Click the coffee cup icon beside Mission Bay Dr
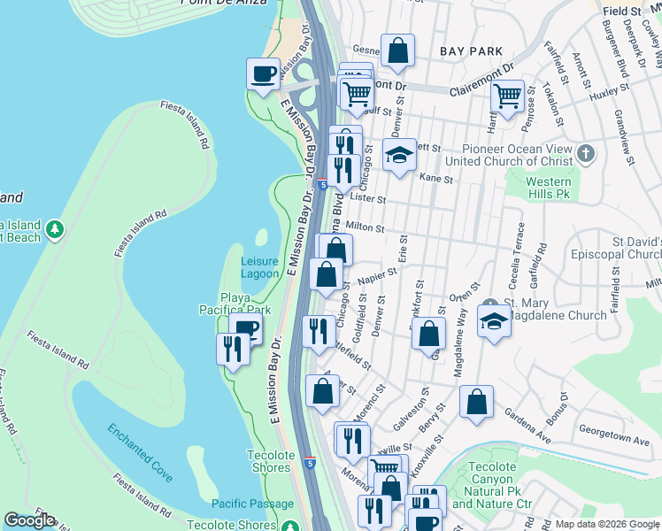263,73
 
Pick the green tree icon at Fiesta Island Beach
55,230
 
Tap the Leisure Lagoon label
259,267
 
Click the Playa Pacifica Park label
245,304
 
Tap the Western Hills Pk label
549,188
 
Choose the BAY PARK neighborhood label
471,52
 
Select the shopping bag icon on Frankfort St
428,335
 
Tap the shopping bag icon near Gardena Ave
476,402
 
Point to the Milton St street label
365,227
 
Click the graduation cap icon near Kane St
399,155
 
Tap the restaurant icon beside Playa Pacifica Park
233,349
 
